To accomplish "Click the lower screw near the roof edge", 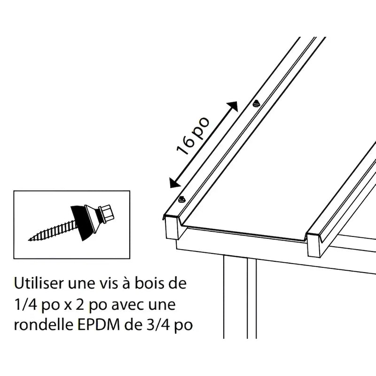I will pyautogui.click(x=182, y=199).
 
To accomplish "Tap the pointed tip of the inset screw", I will pyautogui.click(x=30, y=240).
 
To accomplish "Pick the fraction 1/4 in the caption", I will pyautogui.click(x=24, y=306).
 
